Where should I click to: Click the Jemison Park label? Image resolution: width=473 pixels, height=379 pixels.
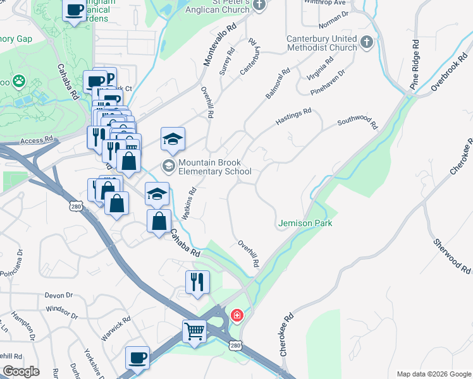click(305, 224)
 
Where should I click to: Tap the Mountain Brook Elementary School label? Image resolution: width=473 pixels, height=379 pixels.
click(214, 167)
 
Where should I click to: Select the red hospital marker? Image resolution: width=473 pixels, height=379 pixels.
click(237, 315)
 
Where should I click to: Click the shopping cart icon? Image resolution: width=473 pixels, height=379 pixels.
click(194, 330)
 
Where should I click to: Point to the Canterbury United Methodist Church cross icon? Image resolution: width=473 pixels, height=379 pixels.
click(366, 43)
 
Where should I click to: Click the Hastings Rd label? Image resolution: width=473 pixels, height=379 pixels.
click(294, 117)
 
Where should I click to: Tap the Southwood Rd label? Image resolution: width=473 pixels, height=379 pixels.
click(357, 123)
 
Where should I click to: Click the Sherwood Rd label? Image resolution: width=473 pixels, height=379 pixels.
click(452, 256)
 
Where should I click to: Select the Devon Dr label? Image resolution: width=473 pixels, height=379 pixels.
click(59, 295)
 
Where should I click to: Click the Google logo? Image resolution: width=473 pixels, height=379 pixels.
click(20, 371)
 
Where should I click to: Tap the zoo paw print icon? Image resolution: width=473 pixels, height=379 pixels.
click(20, 81)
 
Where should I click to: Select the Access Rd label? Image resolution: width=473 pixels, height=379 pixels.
click(36, 141)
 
